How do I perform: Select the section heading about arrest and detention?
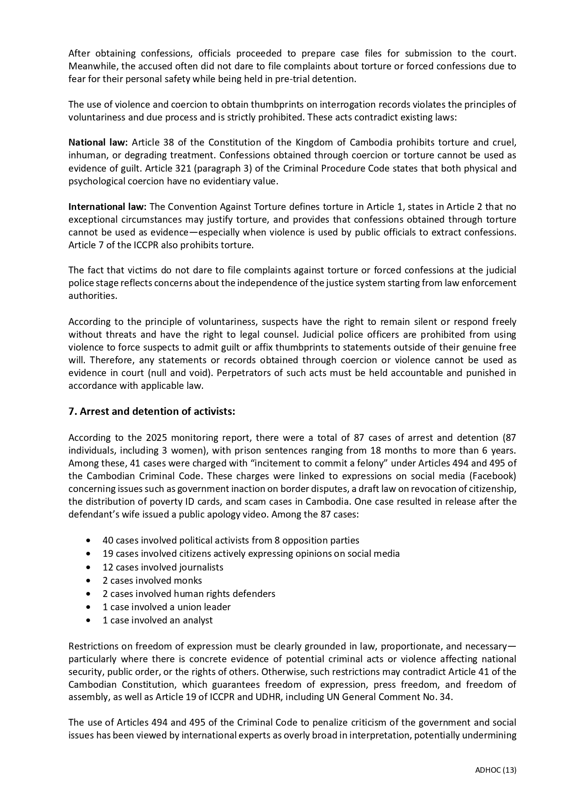pyautogui.click(x=151, y=411)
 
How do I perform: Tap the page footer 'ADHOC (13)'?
pyautogui.click(x=495, y=770)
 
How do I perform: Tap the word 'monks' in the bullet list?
pyautogui.click(x=188, y=580)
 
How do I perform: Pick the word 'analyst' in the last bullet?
pyautogui.click(x=197, y=620)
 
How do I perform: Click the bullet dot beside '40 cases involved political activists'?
pyautogui.click(x=88, y=540)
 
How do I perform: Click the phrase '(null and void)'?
pyautogui.click(x=180, y=372)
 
